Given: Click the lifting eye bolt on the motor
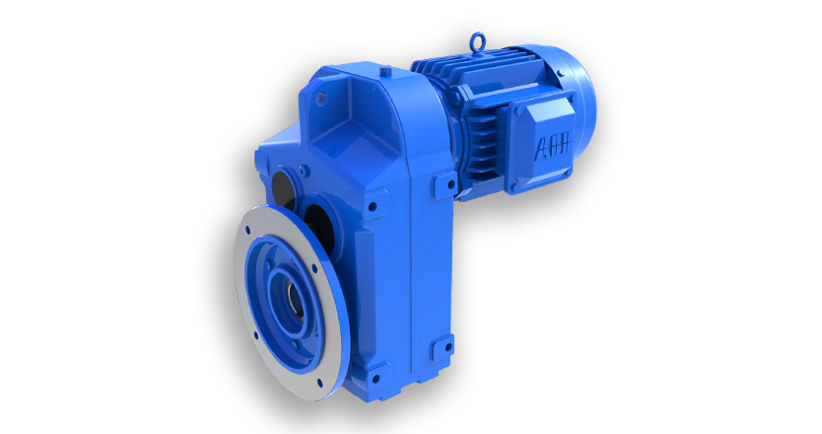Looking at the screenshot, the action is point(476,42).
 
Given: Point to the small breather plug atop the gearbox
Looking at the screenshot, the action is point(384,69).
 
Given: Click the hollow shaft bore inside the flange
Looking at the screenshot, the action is point(294,301).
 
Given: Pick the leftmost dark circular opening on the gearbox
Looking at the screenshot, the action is point(283,186).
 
